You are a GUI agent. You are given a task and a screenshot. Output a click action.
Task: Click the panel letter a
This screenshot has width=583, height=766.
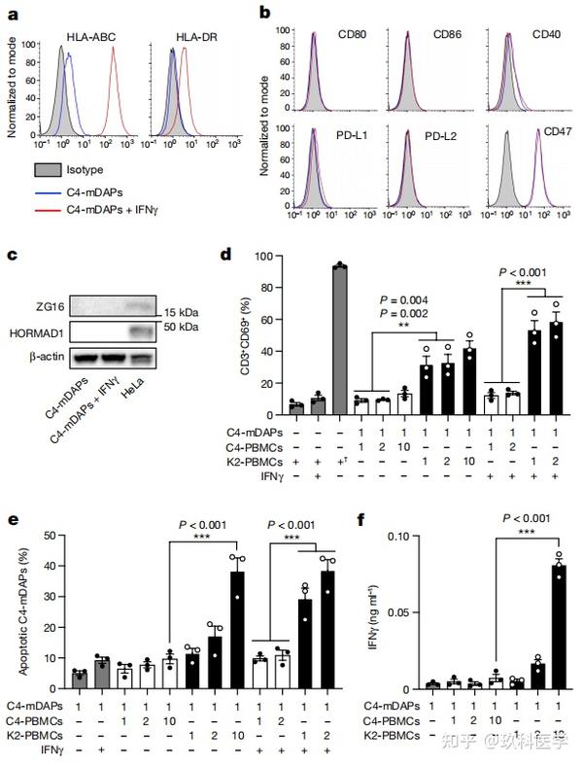tap(13, 14)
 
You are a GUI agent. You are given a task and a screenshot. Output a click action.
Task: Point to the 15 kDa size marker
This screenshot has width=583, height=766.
tap(180, 312)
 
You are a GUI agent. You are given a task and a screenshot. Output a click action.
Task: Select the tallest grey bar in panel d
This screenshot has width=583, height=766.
tap(339, 331)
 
